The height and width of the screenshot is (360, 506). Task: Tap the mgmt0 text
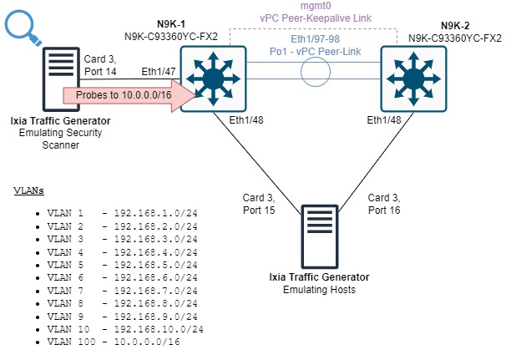(x=316, y=8)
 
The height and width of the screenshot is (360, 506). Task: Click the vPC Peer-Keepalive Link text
(x=316, y=19)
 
